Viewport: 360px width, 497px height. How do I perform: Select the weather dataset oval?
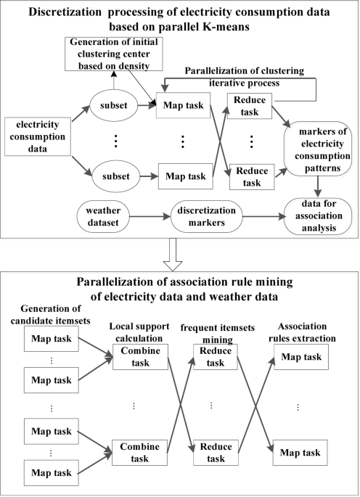[107, 215]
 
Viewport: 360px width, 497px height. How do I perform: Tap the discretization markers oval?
[200, 215]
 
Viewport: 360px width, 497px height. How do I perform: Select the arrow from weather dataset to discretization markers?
[153, 215]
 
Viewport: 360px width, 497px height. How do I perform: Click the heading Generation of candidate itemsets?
[49, 313]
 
